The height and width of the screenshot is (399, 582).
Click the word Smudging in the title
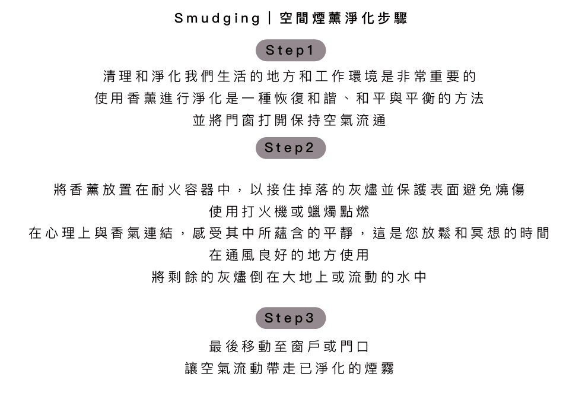point(217,18)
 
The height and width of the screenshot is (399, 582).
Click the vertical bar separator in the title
point(270,18)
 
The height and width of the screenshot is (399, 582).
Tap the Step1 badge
point(291,50)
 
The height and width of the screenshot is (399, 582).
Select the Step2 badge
point(291,148)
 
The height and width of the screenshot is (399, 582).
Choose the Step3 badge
point(291,318)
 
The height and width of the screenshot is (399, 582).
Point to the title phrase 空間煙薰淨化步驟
point(343,18)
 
